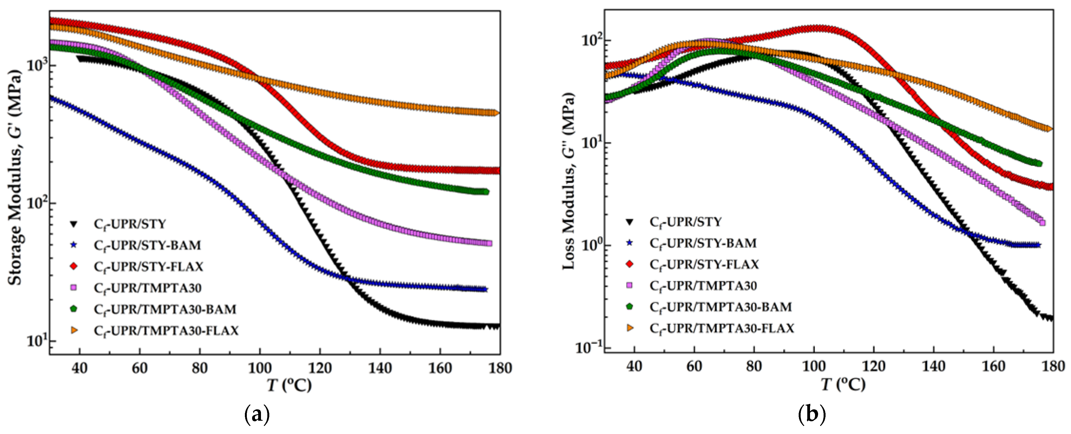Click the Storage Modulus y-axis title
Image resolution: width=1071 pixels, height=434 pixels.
click(x=15, y=178)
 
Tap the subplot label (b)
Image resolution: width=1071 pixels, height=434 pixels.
click(x=812, y=414)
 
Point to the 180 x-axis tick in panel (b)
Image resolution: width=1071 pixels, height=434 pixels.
click(x=1053, y=366)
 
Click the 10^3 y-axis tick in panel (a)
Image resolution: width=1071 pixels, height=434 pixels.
click(x=37, y=65)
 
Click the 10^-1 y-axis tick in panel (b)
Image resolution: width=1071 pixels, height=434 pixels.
click(x=588, y=347)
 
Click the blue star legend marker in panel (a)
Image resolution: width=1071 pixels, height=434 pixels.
click(x=74, y=245)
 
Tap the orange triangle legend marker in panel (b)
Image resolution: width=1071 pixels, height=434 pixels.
click(x=630, y=328)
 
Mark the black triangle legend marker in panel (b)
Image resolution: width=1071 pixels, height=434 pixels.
click(x=630, y=222)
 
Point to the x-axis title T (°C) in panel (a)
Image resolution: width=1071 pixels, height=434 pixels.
click(x=289, y=385)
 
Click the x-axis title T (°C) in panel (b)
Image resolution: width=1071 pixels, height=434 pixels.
click(x=843, y=384)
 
